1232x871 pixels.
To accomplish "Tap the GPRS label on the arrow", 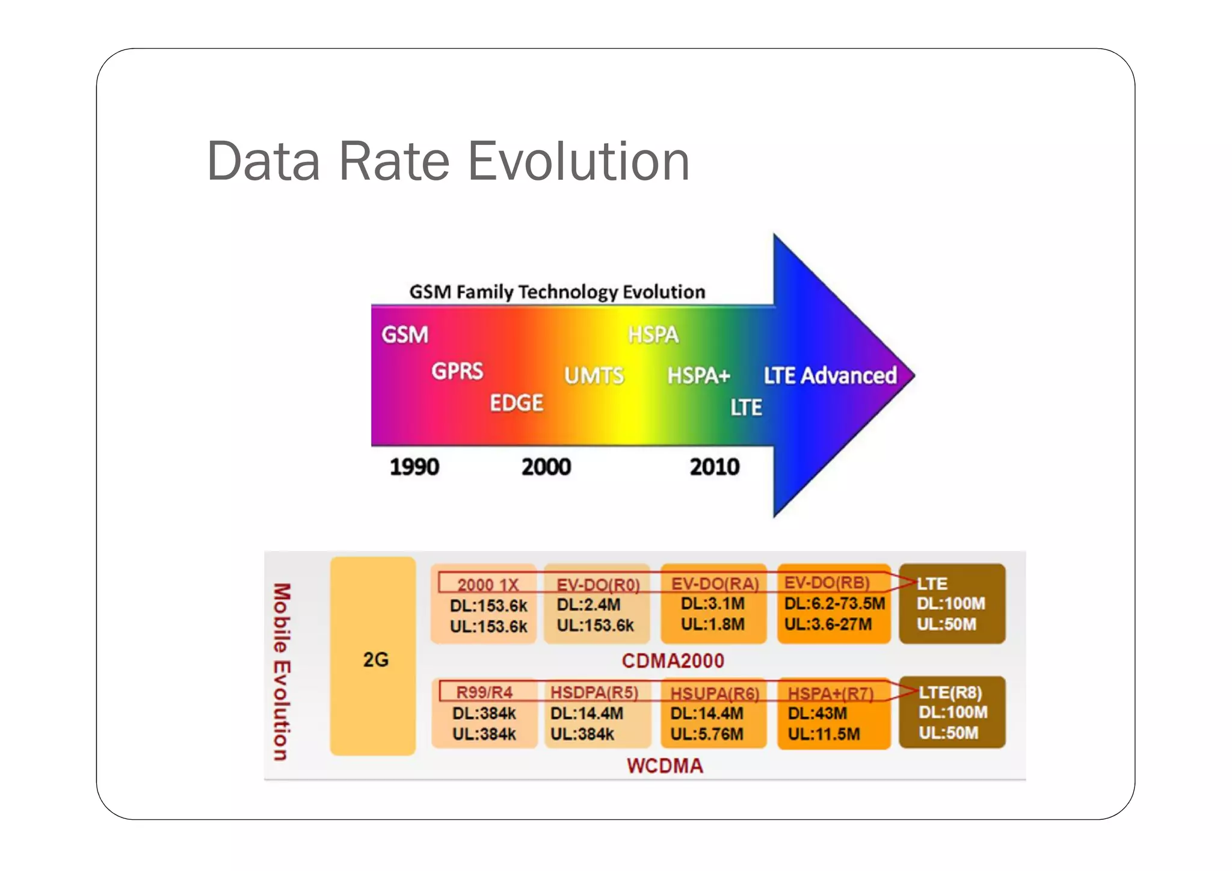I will tap(457, 371).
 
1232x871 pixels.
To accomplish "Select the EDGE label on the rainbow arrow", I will tap(516, 403).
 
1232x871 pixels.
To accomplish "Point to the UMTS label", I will tap(594, 376).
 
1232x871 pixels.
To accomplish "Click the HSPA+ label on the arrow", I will tap(698, 376).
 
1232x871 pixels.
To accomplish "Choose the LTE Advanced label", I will tap(830, 375).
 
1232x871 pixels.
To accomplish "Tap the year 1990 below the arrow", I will tap(414, 467).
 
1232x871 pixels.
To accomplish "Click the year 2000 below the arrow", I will tap(546, 467).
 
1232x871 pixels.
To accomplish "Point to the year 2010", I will tap(715, 467).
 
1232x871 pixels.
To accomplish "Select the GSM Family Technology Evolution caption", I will tap(557, 292).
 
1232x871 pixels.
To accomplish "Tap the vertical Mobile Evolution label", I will tap(282, 671).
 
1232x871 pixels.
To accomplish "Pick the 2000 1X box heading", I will tap(487, 585).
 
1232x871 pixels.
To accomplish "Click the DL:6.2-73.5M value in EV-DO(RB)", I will tap(834, 603).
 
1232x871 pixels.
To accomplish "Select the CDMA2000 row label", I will tap(673, 661).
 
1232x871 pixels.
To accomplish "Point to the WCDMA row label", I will tap(665, 766).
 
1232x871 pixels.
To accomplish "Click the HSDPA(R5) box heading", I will tap(594, 692).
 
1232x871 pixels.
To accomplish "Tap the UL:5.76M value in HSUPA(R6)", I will tap(707, 734).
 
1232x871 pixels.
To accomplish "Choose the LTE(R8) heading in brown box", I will tap(950, 693).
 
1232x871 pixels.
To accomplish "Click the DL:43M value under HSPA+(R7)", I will tap(818, 713).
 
